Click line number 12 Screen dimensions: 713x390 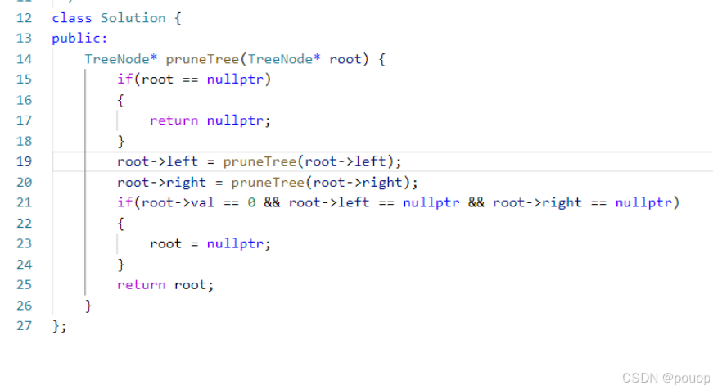point(23,17)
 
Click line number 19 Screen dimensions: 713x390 point(23,161)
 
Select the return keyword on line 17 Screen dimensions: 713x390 point(174,120)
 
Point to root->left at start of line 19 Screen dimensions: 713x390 point(153,161)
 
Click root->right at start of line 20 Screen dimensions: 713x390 point(157,182)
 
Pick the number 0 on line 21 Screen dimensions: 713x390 point(251,202)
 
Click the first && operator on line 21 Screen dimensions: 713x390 point(272,202)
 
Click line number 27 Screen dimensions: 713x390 point(23,326)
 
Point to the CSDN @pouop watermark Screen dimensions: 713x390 point(662,378)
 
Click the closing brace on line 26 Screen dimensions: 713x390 point(88,306)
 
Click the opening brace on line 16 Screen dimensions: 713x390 point(121,100)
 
